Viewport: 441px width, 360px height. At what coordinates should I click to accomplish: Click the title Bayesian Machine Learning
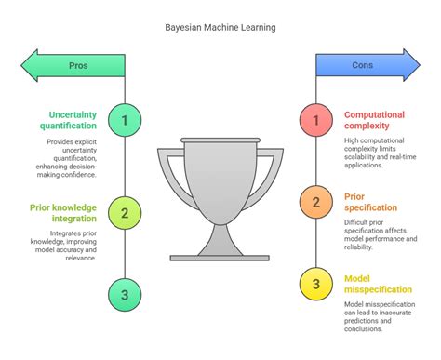click(220, 27)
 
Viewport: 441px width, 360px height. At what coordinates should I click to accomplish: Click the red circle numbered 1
click(315, 119)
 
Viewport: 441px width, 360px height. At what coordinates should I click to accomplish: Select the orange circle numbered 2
click(315, 200)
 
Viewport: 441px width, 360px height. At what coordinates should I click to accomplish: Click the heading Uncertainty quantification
click(68, 120)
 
